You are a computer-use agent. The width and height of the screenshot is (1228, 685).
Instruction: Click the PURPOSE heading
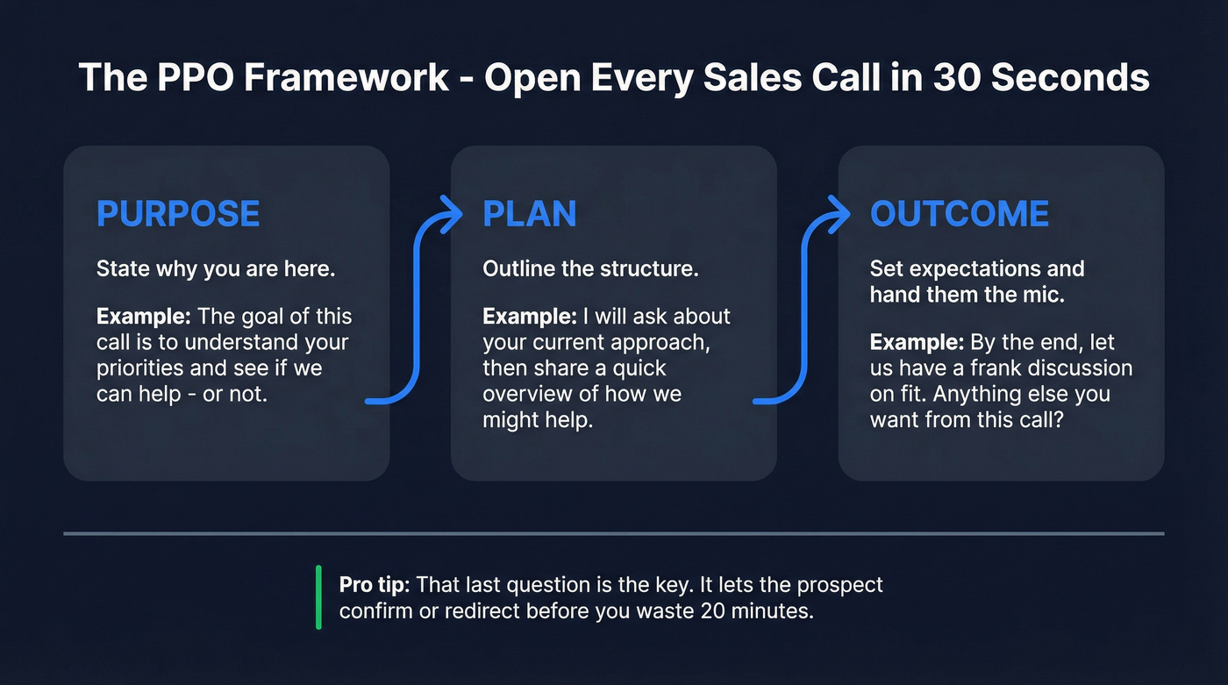click(x=178, y=214)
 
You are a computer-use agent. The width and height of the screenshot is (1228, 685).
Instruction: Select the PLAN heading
click(x=530, y=214)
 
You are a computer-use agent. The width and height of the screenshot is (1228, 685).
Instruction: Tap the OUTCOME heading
click(x=960, y=214)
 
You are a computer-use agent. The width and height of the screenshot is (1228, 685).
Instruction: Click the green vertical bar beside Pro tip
click(x=319, y=597)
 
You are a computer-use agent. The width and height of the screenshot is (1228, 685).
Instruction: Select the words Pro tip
click(x=375, y=584)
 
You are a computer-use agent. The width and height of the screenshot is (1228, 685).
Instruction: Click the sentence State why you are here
click(x=216, y=269)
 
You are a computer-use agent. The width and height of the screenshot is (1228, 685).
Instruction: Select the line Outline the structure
click(x=590, y=269)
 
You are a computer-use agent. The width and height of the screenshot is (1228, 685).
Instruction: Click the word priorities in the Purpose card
click(x=139, y=368)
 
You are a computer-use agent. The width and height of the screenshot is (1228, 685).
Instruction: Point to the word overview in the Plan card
click(x=525, y=395)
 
